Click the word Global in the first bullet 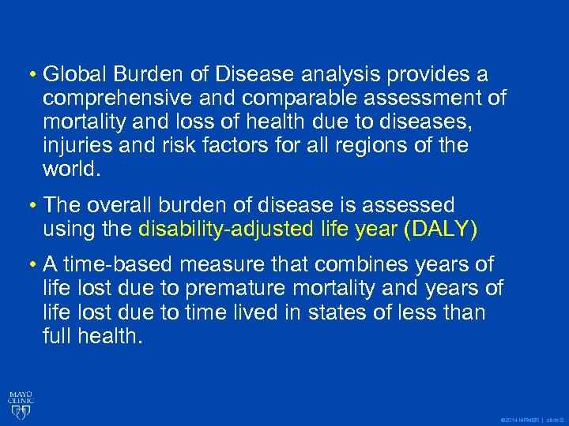pos(70,75)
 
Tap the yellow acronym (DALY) pos(451,230)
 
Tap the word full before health pos(58,337)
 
